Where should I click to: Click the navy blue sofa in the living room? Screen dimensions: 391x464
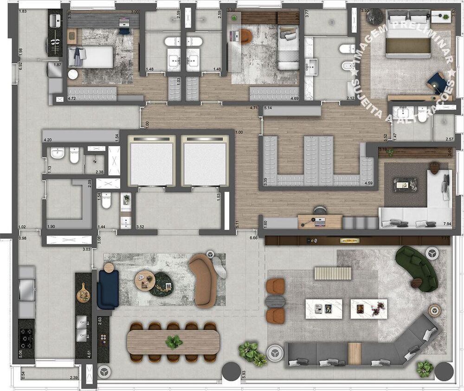107,288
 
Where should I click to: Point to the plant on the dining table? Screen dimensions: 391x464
174,342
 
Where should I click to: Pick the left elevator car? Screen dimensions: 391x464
151,160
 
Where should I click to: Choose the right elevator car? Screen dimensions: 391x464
205,160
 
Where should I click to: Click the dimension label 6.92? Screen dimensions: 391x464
21,66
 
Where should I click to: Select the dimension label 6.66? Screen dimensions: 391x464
253,237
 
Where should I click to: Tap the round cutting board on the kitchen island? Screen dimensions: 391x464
84,292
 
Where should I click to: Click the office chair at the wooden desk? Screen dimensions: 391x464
319,211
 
